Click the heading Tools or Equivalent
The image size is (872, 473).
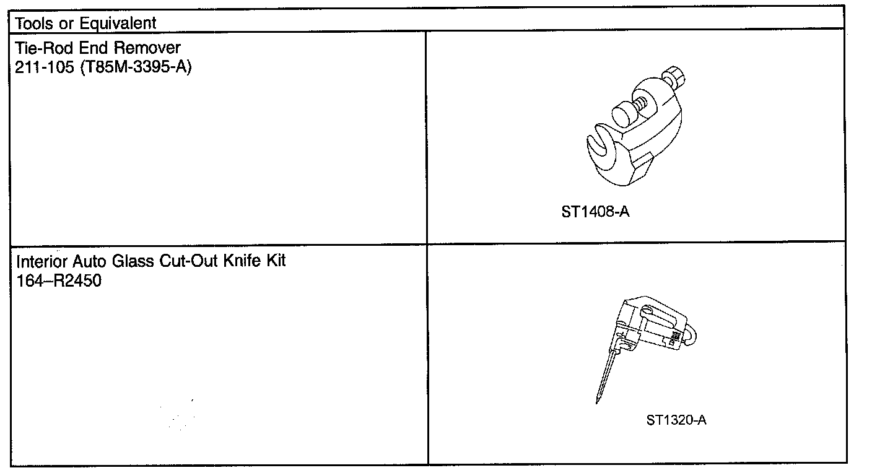point(85,24)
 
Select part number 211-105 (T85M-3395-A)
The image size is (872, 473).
point(103,67)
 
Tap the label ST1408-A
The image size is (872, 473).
point(596,212)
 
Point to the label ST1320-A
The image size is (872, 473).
point(676,420)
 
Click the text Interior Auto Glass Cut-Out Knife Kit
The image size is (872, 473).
point(151,261)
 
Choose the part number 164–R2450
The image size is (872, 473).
point(59,281)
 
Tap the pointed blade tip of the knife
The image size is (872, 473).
point(599,401)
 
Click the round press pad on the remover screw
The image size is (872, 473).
point(623,115)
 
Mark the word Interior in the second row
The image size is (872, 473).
point(39,261)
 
